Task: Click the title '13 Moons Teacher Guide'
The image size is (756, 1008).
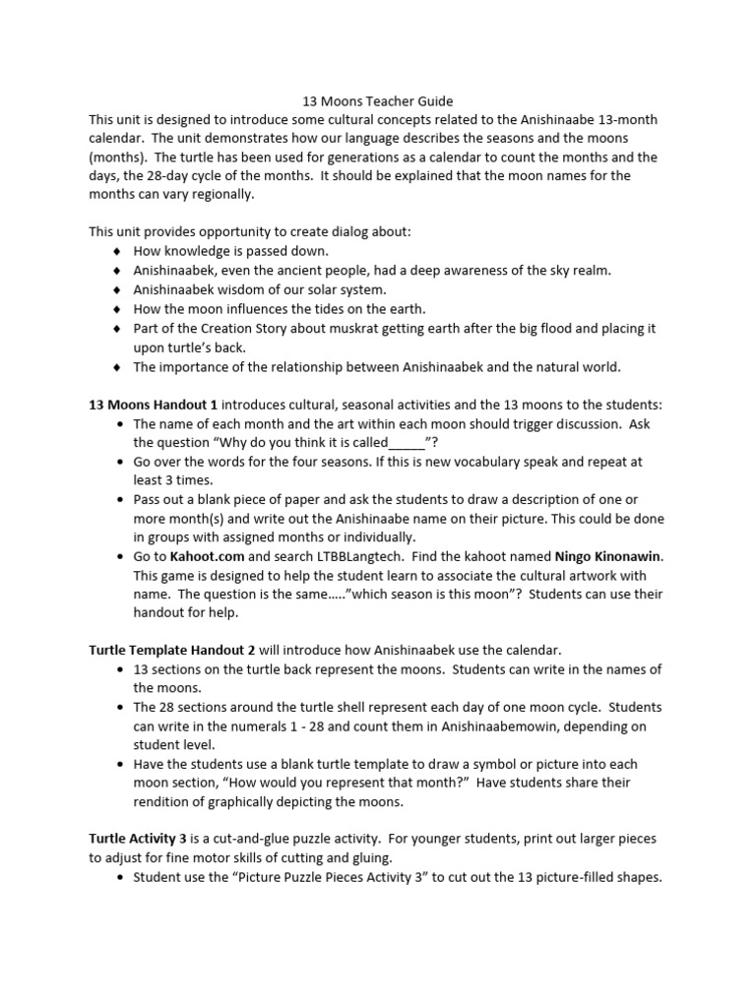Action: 377,101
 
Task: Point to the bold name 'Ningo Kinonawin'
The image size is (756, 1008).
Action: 608,556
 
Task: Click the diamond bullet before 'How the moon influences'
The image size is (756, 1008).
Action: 118,310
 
